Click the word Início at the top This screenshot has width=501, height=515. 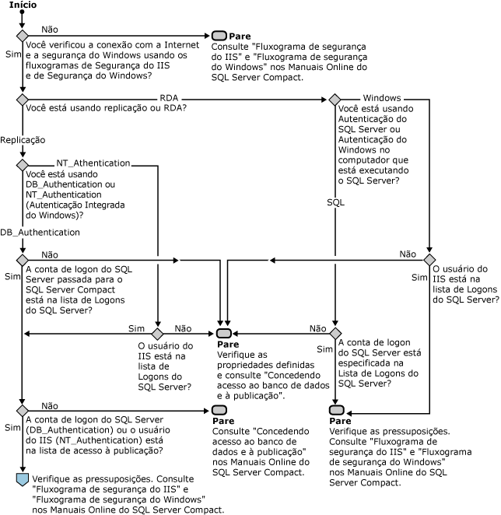coord(21,5)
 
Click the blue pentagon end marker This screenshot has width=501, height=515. coord(22,478)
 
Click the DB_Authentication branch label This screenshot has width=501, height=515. coord(30,232)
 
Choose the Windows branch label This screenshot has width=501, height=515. coord(381,97)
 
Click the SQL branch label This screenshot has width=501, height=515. coord(335,201)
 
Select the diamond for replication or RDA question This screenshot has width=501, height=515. coord(22,100)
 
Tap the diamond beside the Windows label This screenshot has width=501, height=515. coord(335,100)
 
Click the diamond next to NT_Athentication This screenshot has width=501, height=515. coord(22,166)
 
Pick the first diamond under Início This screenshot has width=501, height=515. coord(22,36)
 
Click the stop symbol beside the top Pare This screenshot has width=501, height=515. coord(219,36)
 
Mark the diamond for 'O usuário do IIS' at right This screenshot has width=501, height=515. coord(429,259)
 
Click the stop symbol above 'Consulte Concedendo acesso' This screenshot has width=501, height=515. coord(219,410)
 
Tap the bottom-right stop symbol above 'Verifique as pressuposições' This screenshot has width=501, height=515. coord(335,410)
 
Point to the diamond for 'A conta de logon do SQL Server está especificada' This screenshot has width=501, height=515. coord(335,334)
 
